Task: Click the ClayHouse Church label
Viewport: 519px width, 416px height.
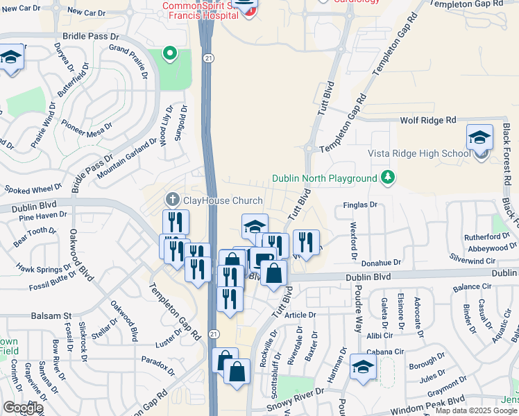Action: point(223,201)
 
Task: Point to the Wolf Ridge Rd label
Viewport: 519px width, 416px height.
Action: point(428,120)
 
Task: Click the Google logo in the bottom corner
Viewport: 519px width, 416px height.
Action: point(22,408)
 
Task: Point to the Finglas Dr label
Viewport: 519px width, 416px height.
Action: point(360,205)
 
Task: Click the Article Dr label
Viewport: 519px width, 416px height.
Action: point(300,314)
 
